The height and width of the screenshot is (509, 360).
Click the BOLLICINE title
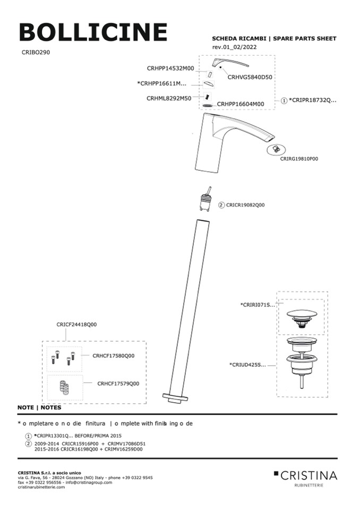click(93, 32)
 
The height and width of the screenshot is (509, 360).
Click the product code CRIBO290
click(36, 53)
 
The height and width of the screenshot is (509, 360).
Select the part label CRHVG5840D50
click(250, 77)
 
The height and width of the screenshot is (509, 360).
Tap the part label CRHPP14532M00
click(170, 68)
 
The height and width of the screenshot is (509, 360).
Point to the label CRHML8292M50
click(169, 98)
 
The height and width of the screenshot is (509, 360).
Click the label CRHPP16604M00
click(241, 104)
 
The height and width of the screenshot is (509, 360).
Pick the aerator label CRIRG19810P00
click(299, 158)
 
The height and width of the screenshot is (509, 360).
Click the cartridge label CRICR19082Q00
click(245, 204)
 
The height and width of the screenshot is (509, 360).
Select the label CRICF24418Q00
click(76, 324)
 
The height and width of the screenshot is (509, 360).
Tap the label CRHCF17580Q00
click(113, 356)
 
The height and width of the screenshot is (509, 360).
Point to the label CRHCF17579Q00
click(118, 383)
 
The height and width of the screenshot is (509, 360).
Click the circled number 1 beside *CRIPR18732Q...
click(284, 100)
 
